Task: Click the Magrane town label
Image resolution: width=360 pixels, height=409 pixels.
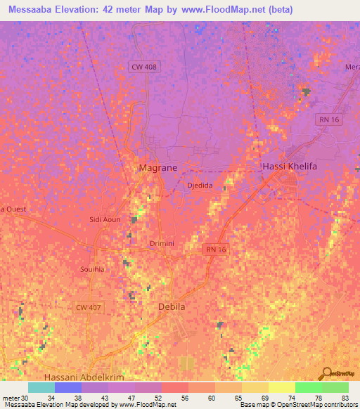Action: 157,167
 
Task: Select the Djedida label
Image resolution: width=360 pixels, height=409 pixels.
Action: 200,186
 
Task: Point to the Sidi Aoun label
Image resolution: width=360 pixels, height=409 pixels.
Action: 105,219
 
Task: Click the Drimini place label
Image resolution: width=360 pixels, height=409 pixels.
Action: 162,243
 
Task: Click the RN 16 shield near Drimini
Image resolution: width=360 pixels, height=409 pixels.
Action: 217,249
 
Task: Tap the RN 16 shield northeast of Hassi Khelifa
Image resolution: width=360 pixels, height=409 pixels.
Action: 328,120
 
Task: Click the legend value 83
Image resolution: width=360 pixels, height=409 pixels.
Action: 345,398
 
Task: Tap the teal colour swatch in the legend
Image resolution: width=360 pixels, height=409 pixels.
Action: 41,387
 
